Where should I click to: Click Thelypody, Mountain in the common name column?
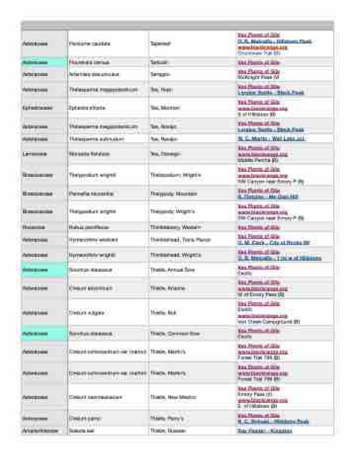174,194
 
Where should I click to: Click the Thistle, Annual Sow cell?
173,270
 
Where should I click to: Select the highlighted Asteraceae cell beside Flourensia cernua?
44,63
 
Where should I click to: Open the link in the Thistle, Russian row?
265,431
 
